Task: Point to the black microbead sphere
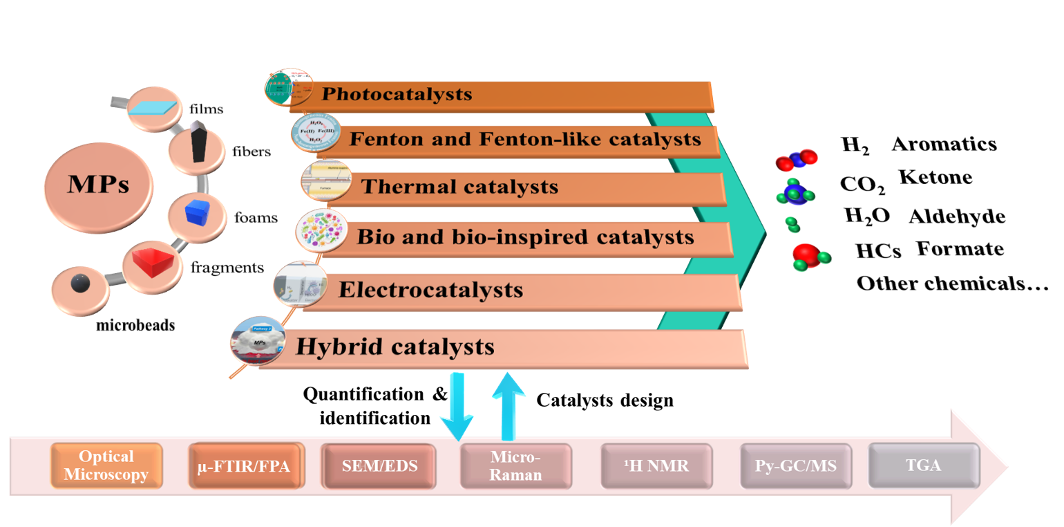(82, 284)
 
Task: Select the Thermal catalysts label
(459, 186)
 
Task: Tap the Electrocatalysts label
(430, 289)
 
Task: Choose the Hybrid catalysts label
(395, 345)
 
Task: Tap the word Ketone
(935, 177)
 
